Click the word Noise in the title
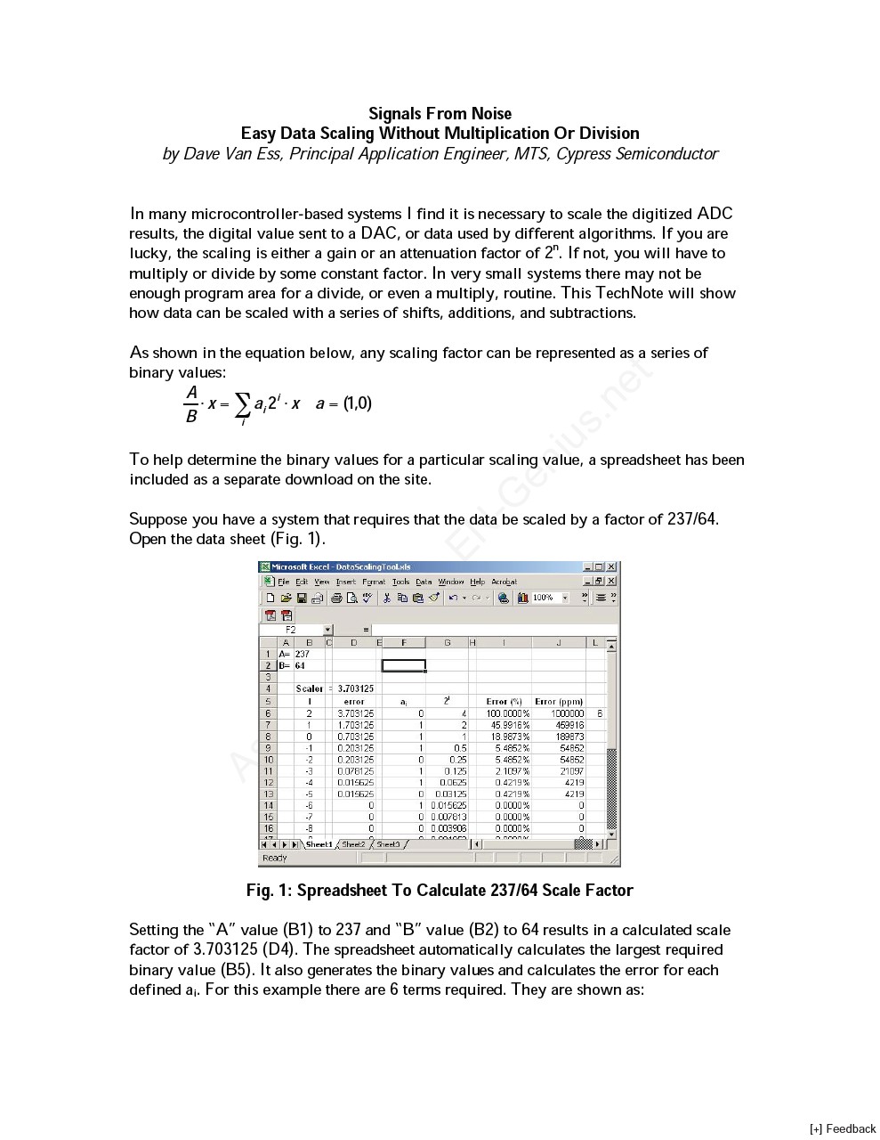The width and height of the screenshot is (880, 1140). [x=491, y=113]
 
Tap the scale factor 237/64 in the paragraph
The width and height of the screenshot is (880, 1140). [x=691, y=518]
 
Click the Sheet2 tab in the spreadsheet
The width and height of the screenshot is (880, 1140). [x=353, y=844]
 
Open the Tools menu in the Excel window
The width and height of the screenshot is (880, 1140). [x=401, y=582]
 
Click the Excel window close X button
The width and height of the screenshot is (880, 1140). [x=611, y=566]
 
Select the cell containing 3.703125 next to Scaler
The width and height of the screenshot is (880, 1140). [x=355, y=688]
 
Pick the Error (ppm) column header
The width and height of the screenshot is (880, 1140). [x=559, y=702]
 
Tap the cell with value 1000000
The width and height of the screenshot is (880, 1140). [x=567, y=713]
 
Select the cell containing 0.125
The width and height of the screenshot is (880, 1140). [x=456, y=771]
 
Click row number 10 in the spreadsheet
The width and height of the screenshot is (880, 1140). [x=269, y=760]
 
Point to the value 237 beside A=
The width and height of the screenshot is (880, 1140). [x=303, y=654]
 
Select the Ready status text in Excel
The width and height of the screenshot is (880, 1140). [x=275, y=858]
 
